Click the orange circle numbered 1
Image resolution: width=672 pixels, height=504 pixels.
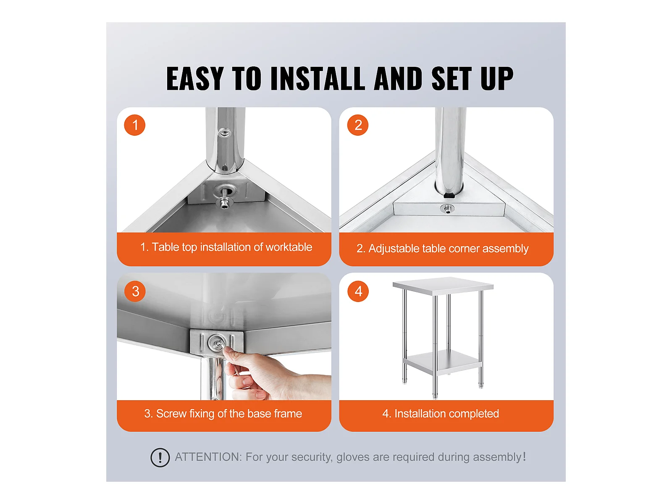[134, 125]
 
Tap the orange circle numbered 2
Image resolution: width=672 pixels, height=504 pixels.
[357, 125]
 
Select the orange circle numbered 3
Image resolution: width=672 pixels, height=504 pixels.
[135, 291]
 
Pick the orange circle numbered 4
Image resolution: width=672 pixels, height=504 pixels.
[358, 291]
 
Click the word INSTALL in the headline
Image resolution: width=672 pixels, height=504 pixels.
[318, 79]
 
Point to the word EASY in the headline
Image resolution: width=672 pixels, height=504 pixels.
[195, 79]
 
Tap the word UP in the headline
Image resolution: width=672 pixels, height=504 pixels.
[496, 79]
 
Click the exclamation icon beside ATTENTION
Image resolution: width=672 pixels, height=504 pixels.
[160, 457]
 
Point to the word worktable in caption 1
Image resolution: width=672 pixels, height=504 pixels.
[289, 247]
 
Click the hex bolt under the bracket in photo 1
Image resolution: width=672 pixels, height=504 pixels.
[224, 202]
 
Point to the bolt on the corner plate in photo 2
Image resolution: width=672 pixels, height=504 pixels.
[447, 209]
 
